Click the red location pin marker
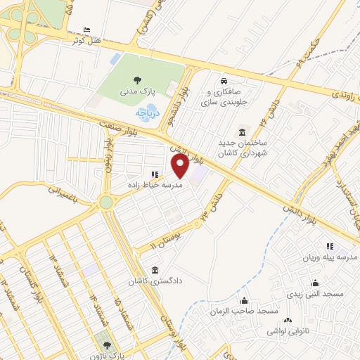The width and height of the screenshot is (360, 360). click(x=180, y=167)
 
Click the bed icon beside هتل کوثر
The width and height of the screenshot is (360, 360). click(x=86, y=29)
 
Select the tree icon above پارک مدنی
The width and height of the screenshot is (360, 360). click(x=136, y=79)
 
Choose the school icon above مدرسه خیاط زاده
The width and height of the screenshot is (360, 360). click(x=154, y=174)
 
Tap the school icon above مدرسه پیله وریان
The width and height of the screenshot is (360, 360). click(x=328, y=246)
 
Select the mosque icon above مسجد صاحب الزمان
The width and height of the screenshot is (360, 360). click(x=245, y=301)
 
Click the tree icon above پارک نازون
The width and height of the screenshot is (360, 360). click(x=107, y=345)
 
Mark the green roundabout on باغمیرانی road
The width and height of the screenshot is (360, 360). click(x=105, y=202)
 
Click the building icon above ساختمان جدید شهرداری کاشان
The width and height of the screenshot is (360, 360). click(x=243, y=133)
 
